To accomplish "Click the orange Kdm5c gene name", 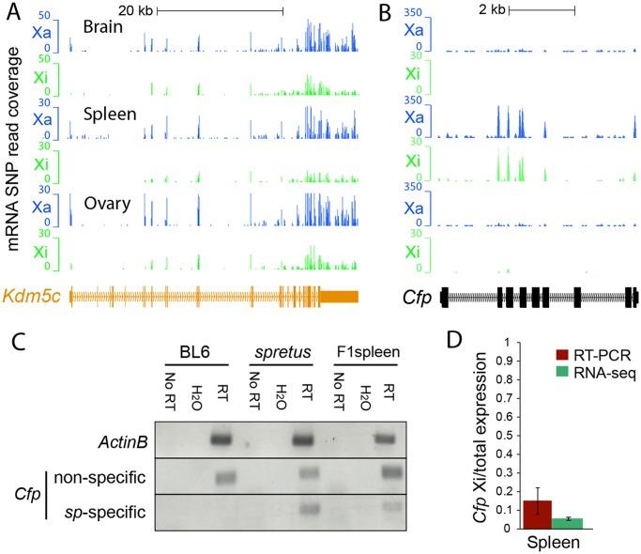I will (32, 296).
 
